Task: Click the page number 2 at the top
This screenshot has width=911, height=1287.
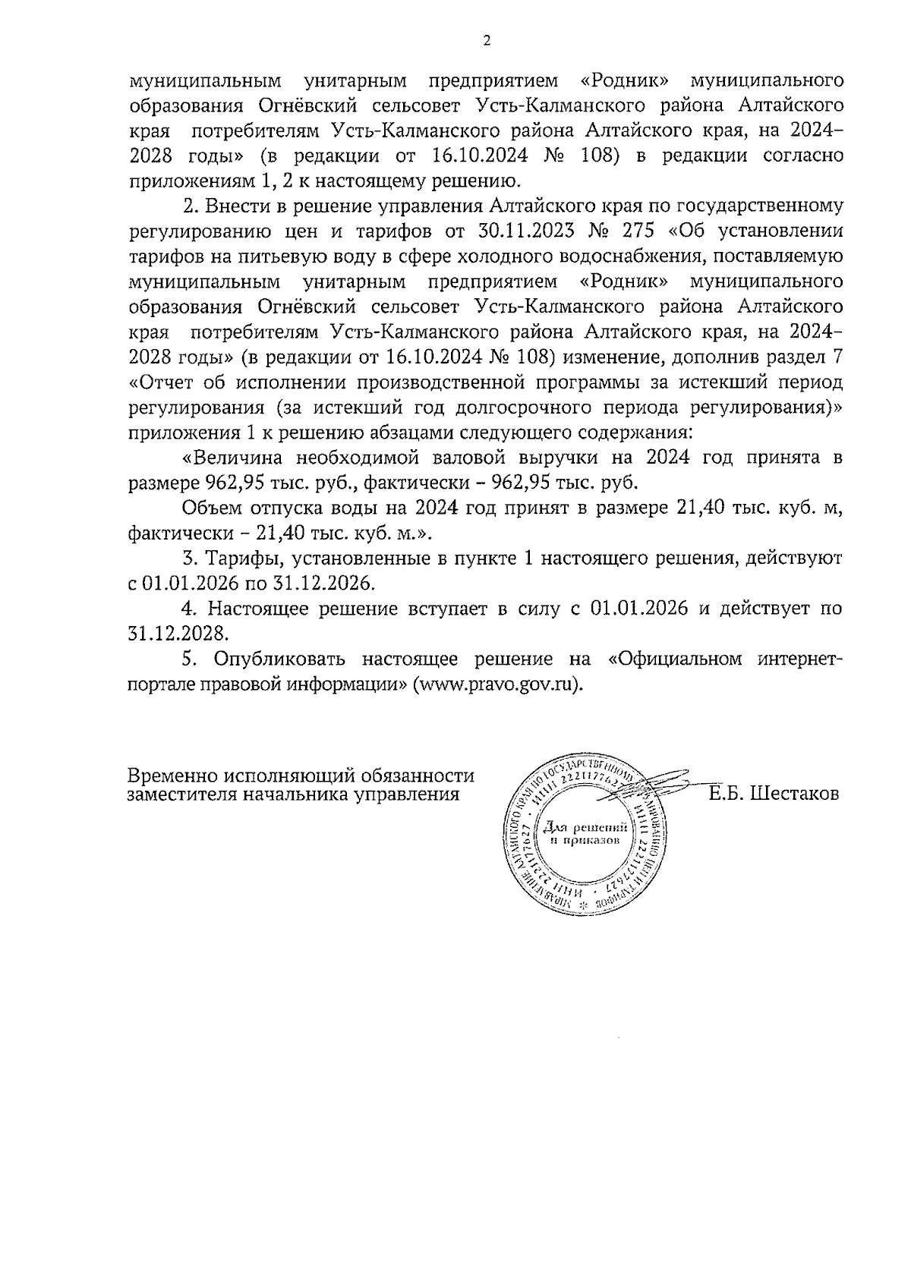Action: (x=486, y=41)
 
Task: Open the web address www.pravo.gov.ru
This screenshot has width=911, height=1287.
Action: (x=496, y=684)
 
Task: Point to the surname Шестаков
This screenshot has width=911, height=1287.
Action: (x=794, y=795)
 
